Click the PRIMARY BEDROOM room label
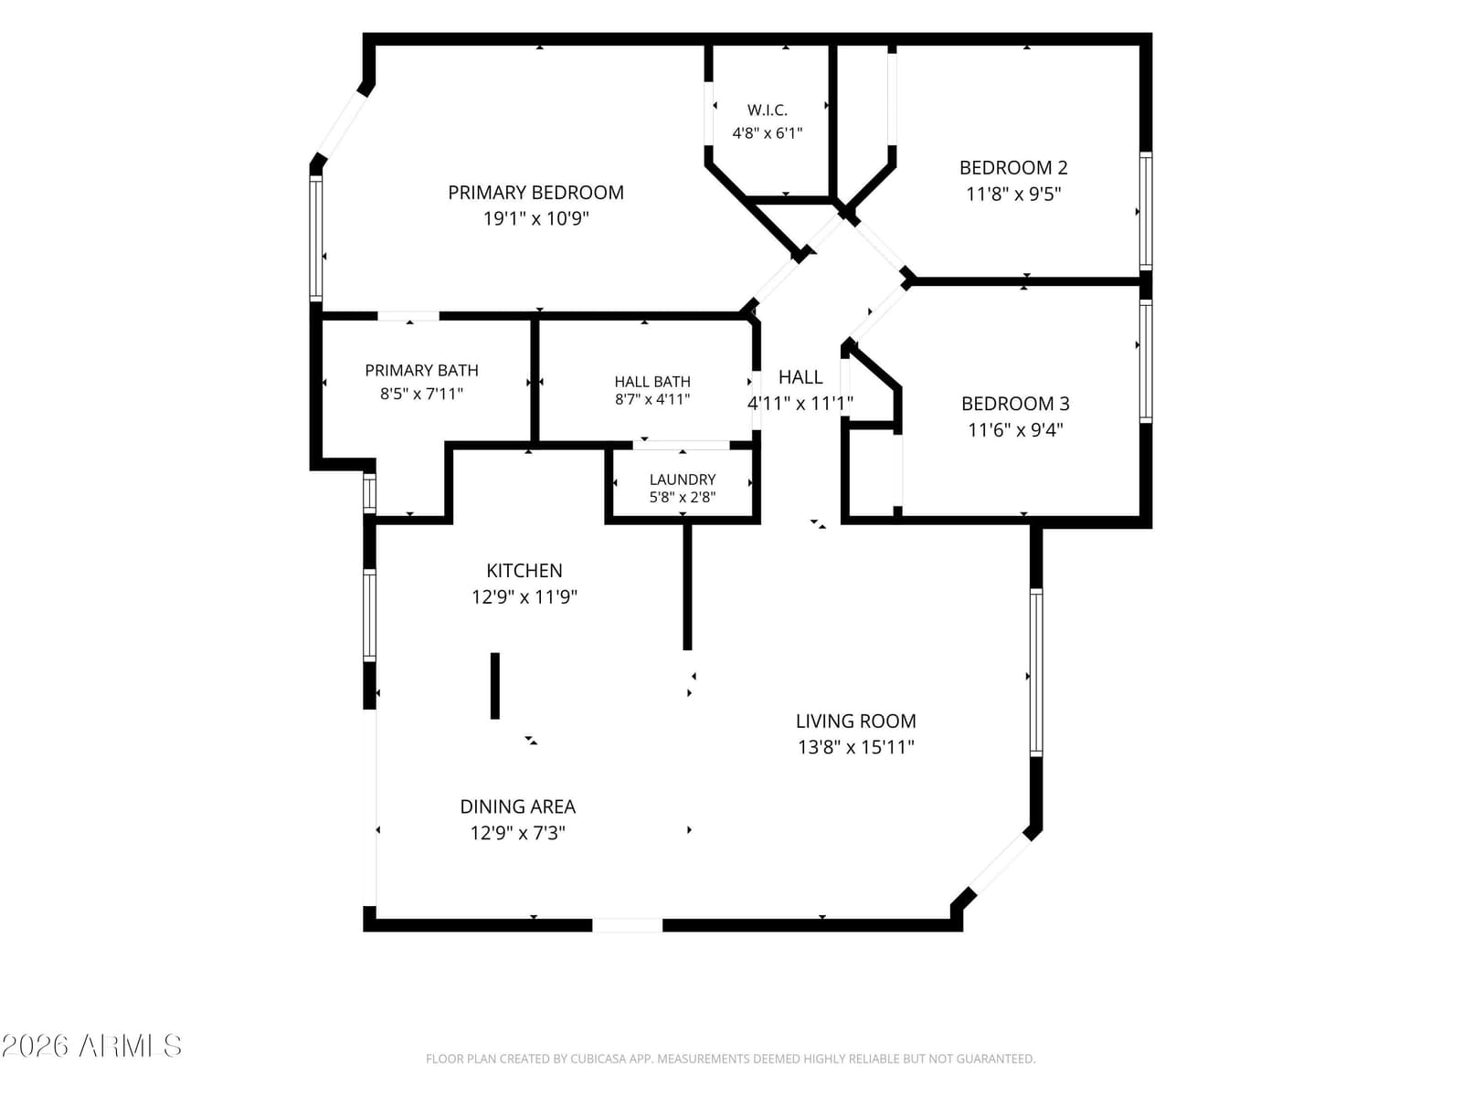(535, 193)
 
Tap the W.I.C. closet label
(768, 111)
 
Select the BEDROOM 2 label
(1013, 168)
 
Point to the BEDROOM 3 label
(1015, 404)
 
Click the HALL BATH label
(652, 382)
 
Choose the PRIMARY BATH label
(421, 371)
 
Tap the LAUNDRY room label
(683, 479)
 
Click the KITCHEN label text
(524, 571)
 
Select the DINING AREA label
(517, 807)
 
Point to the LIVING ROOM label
(856, 722)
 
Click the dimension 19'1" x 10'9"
(536, 219)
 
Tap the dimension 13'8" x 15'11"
(856, 747)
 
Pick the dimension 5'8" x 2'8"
(683, 498)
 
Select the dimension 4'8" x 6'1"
(768, 133)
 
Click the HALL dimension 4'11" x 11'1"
(800, 404)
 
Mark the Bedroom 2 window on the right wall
(1146, 211)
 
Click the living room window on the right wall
(1035, 672)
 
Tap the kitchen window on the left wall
(369, 615)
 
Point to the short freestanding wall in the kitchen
(495, 686)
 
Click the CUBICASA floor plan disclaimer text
(731, 1059)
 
